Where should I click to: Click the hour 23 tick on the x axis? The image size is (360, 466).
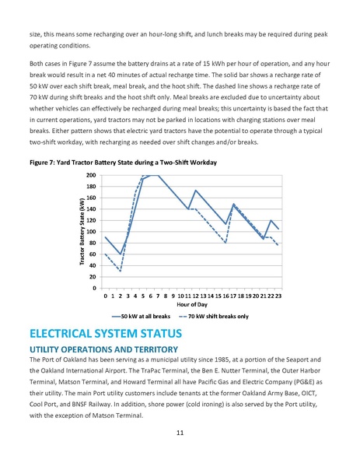coord(278,296)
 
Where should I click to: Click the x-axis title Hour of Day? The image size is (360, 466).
coord(191,305)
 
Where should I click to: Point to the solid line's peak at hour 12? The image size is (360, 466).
coord(195,191)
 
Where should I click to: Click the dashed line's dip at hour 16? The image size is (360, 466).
coord(225,244)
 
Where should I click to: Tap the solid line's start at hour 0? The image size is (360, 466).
coord(105,237)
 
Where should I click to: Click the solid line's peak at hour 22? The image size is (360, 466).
coord(271,221)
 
